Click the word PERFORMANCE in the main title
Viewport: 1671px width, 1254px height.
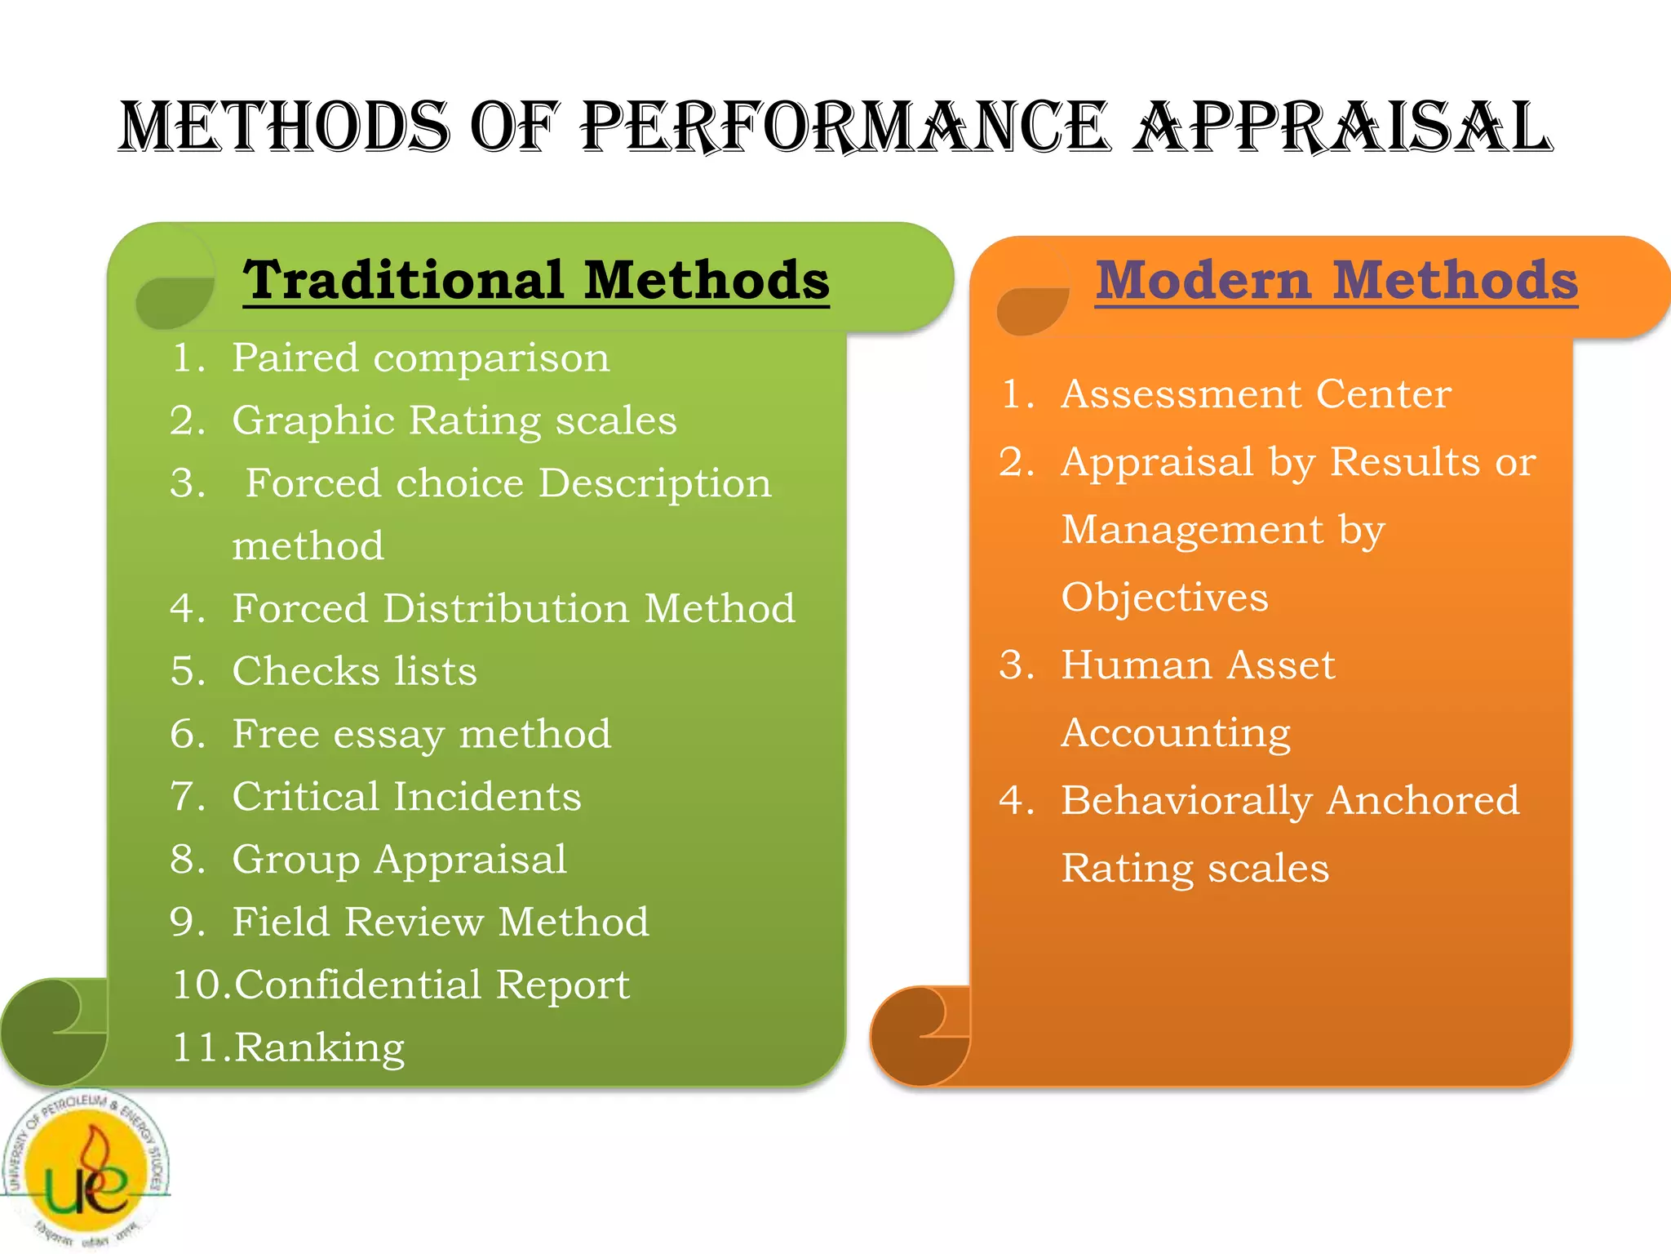pos(844,127)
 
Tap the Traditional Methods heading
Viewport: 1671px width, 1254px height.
pos(536,280)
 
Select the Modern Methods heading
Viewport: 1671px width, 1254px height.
pos(1336,280)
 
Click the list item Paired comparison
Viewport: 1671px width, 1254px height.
pos(420,358)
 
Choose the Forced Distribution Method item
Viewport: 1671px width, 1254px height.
pos(513,608)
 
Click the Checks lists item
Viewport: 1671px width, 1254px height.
pos(354,671)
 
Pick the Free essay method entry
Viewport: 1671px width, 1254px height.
pos(421,733)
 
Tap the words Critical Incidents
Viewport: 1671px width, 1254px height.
pos(406,796)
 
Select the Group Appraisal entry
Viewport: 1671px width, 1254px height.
pos(399,859)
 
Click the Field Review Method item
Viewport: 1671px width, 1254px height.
pos(441,922)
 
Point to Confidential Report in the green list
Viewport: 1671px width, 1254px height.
pos(432,985)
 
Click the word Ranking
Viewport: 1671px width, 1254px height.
pos(320,1047)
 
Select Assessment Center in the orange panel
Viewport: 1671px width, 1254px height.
pos(1256,394)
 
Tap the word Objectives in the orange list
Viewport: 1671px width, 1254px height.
pos(1164,597)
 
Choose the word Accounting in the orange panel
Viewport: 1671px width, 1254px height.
pos(1176,732)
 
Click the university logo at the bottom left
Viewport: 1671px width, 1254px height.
pos(85,1169)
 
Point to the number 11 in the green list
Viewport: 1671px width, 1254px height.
pos(193,1047)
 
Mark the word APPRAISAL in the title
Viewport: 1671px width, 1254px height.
pos(1343,127)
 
